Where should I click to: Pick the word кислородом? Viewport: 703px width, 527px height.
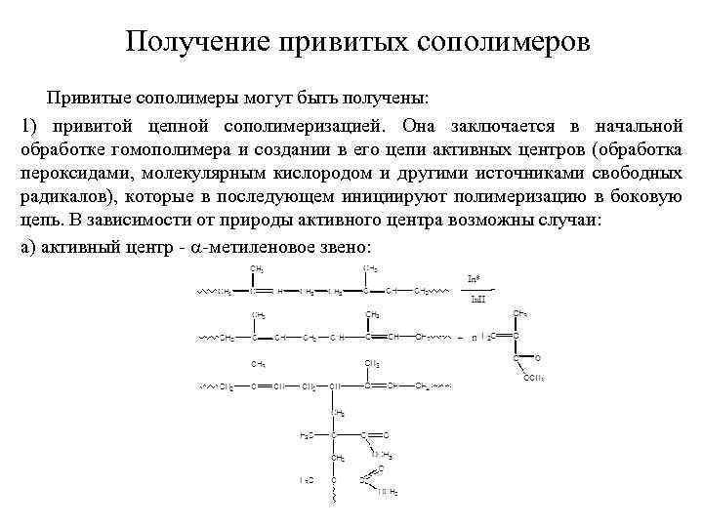pos(305,174)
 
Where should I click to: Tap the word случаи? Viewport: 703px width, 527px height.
pos(574,221)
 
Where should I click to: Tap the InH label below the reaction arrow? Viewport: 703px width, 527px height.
pos(477,299)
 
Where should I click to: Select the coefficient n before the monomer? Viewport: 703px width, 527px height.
pos(474,338)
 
